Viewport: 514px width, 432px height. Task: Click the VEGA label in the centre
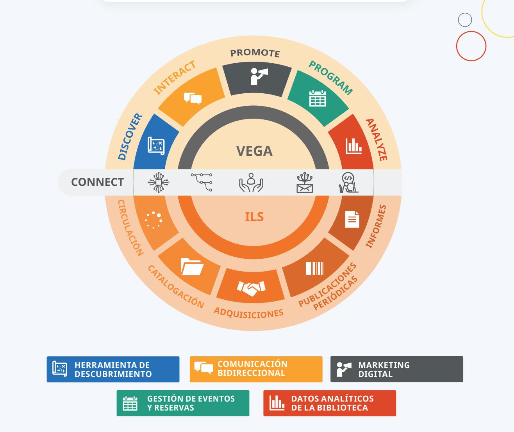click(254, 151)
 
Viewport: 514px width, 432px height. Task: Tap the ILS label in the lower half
click(254, 217)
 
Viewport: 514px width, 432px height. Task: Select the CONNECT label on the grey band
click(97, 182)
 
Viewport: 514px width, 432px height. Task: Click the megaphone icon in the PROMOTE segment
click(259, 76)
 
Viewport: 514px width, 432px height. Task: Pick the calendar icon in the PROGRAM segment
click(318, 98)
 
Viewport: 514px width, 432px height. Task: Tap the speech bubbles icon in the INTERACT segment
click(193, 98)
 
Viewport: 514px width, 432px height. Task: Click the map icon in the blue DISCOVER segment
click(156, 146)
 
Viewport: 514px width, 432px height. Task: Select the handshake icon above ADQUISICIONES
click(251, 288)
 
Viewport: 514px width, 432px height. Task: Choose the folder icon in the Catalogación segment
click(192, 267)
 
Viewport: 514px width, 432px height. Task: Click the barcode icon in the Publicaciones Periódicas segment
click(314, 268)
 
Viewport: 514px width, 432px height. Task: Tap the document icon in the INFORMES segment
click(352, 219)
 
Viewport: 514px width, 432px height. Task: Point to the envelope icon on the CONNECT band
click(305, 183)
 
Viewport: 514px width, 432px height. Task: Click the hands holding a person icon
click(251, 183)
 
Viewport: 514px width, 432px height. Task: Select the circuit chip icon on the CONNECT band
click(159, 182)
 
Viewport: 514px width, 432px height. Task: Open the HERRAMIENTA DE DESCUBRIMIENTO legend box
click(113, 369)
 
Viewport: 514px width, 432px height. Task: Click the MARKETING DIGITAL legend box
click(396, 369)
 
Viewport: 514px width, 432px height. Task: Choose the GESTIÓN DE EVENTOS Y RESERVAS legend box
click(183, 403)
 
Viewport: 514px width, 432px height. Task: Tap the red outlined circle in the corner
click(471, 46)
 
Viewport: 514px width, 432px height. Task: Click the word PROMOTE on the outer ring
click(255, 53)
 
